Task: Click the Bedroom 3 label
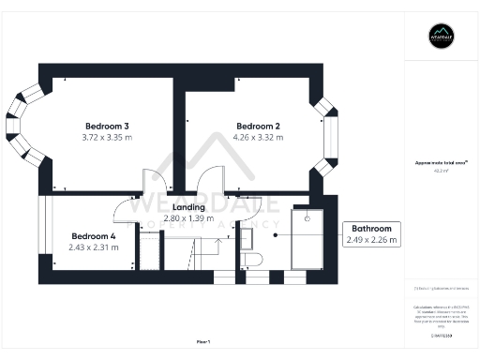point(107,126)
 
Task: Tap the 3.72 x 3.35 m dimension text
point(107,138)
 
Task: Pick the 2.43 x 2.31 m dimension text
point(93,247)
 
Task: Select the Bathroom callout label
point(371,228)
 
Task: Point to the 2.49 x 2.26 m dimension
point(372,240)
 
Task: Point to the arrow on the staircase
point(215,246)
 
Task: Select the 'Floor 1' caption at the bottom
point(203,341)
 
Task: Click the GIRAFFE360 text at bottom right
point(441,334)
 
